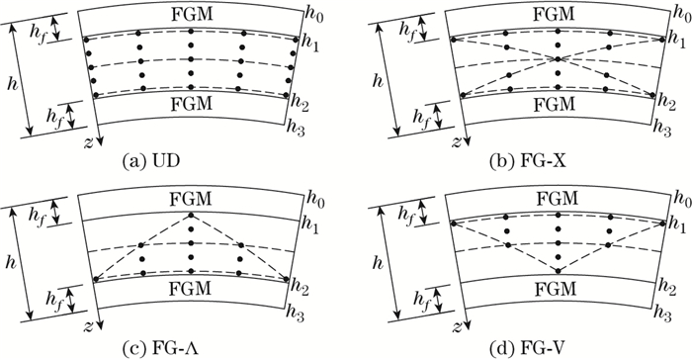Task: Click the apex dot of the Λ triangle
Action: tap(190, 216)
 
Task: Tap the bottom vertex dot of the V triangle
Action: tap(560, 270)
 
